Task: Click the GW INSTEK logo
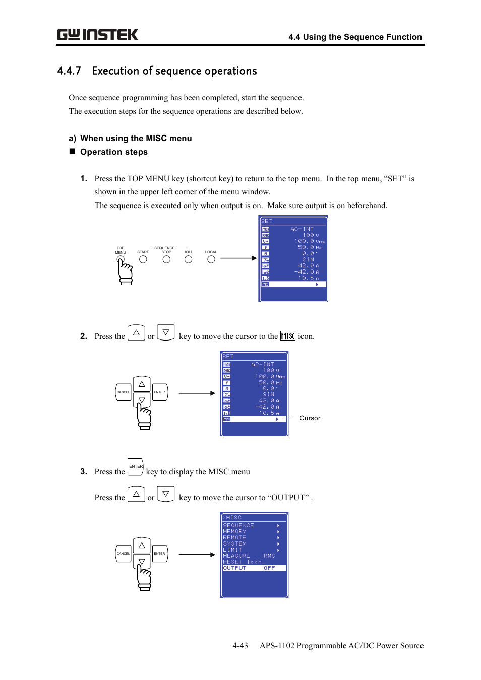(97, 35)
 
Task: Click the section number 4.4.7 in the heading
(69, 71)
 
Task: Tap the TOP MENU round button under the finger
(121, 260)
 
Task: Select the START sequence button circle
(143, 259)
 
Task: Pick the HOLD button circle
(188, 259)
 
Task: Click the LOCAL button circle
(211, 259)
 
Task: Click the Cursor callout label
(310, 418)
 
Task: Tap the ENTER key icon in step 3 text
(136, 467)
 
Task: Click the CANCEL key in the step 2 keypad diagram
(124, 392)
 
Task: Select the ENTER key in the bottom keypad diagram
(160, 554)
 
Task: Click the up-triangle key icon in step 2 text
(136, 333)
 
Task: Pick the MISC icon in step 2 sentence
(287, 336)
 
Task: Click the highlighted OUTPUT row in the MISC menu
(254, 568)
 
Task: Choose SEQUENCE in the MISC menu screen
(238, 525)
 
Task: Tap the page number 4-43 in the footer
(240, 646)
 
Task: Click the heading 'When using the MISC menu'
(136, 139)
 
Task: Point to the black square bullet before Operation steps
(72, 152)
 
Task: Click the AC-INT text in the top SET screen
(302, 229)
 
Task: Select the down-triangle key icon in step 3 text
(166, 494)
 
